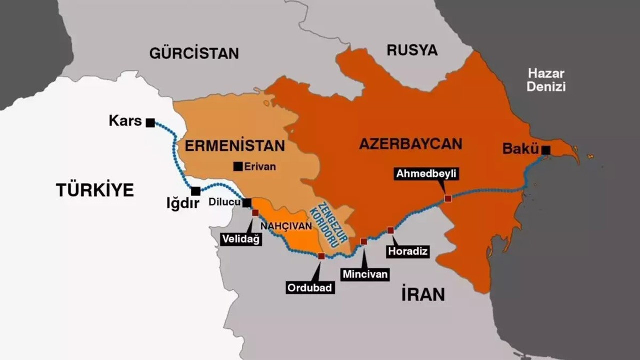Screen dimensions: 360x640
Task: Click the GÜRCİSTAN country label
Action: point(194,53)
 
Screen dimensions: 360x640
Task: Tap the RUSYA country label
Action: point(412,50)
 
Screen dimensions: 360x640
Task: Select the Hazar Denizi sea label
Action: point(546,80)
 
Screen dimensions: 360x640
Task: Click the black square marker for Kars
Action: point(150,123)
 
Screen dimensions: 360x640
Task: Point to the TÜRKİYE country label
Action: point(95,190)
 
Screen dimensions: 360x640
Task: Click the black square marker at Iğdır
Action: point(196,191)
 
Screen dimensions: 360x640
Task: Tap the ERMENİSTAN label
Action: point(235,146)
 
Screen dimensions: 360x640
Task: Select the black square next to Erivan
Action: point(238,167)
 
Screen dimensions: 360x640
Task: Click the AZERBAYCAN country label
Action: point(410,144)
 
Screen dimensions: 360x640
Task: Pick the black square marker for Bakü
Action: point(546,150)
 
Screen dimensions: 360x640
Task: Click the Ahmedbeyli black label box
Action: point(426,174)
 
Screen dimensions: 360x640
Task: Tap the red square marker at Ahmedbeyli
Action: point(448,198)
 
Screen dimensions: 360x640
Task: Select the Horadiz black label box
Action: point(408,251)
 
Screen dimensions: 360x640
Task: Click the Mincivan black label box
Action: point(365,274)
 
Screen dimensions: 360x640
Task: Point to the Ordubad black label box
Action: point(310,288)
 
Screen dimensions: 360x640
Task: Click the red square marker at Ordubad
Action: point(321,256)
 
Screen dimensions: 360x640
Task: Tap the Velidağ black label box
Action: point(241,239)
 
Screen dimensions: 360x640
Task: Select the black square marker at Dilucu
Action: point(247,203)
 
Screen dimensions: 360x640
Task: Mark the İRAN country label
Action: point(423,295)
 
